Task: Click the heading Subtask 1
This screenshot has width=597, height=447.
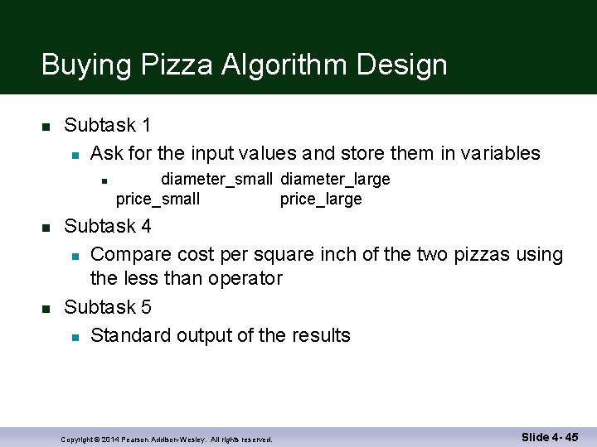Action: tap(107, 126)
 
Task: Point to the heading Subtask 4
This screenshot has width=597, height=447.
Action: tap(107, 226)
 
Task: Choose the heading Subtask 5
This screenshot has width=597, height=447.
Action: tap(107, 307)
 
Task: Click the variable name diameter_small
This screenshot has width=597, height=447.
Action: tap(216, 180)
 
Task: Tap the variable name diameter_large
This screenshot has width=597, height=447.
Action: tap(335, 180)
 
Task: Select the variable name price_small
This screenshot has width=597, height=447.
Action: tap(158, 199)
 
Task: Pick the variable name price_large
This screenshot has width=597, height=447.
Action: tap(321, 199)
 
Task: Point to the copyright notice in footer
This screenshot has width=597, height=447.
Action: tap(167, 440)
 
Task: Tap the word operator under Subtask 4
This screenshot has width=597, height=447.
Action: tap(246, 278)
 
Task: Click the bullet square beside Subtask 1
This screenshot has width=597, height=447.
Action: tap(47, 127)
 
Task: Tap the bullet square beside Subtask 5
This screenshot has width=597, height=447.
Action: tap(47, 308)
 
